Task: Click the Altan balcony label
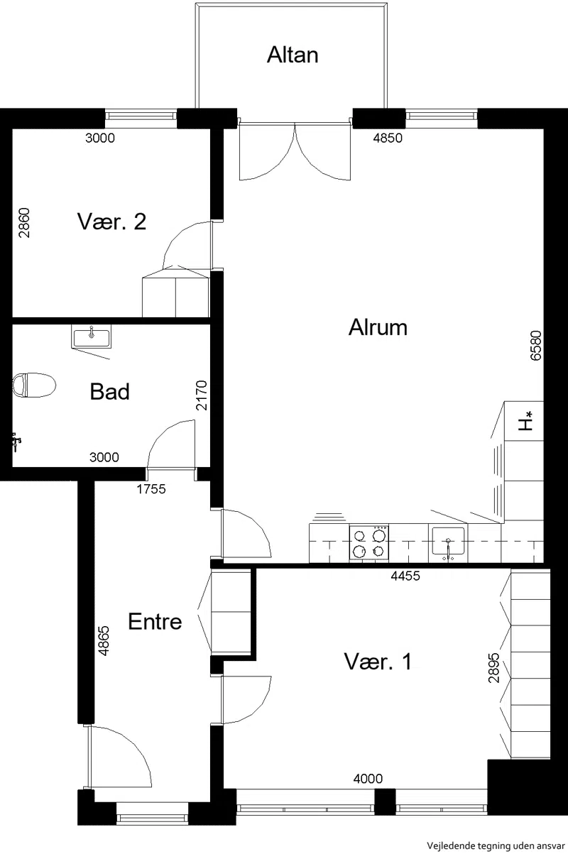point(293,55)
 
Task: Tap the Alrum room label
point(378,327)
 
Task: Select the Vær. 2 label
point(111,221)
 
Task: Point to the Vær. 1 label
point(378,662)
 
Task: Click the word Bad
point(110,392)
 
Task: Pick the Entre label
point(155,621)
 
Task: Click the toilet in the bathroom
point(34,385)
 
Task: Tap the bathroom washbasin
point(91,336)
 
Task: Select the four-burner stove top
point(369,543)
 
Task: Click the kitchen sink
point(448,542)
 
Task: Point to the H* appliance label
point(525,421)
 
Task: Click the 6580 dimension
point(535,346)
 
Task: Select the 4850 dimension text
point(388,138)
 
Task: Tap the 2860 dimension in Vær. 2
point(24,223)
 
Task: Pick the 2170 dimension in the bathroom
point(201,395)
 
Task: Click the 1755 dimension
point(151,489)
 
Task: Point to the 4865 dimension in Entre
point(104,641)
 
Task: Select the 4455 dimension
point(405,575)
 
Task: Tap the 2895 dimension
point(493,668)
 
